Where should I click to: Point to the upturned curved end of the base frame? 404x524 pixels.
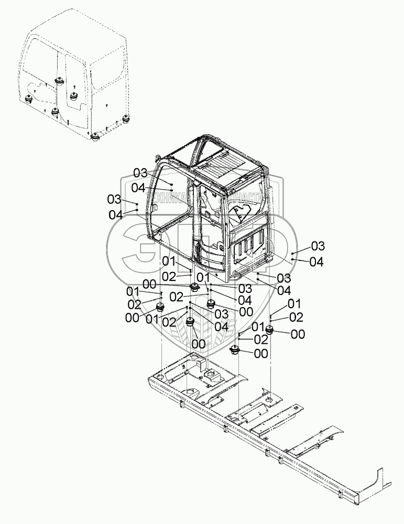pyautogui.click(x=378, y=474)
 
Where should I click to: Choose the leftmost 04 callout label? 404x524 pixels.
pyautogui.click(x=116, y=214)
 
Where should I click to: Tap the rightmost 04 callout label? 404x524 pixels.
pyautogui.click(x=316, y=262)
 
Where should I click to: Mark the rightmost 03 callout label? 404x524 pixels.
pyautogui.click(x=318, y=246)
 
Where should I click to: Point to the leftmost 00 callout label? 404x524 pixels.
pyautogui.click(x=133, y=317)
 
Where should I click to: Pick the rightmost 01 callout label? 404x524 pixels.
pyautogui.click(x=294, y=303)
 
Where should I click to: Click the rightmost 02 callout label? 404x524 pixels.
pyautogui.click(x=296, y=316)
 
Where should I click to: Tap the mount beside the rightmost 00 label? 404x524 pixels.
pyautogui.click(x=270, y=330)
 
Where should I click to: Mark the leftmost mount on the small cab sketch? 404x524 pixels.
pyautogui.click(x=28, y=100)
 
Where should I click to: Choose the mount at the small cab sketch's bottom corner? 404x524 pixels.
pyautogui.click(x=95, y=137)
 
